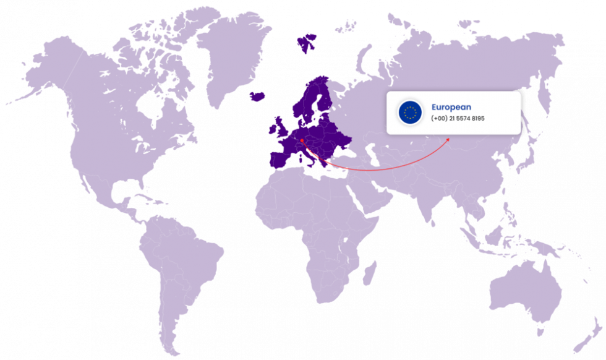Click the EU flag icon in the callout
pyautogui.click(x=409, y=112)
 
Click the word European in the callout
pyautogui.click(x=451, y=107)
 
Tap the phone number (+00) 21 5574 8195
pyautogui.click(x=458, y=118)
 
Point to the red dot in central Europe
pyautogui.click(x=302, y=140)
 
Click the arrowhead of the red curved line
pyautogui.click(x=448, y=140)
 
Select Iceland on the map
pyautogui.click(x=258, y=96)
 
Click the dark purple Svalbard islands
pyautogui.click(x=305, y=41)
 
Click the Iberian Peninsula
pyautogui.click(x=280, y=158)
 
